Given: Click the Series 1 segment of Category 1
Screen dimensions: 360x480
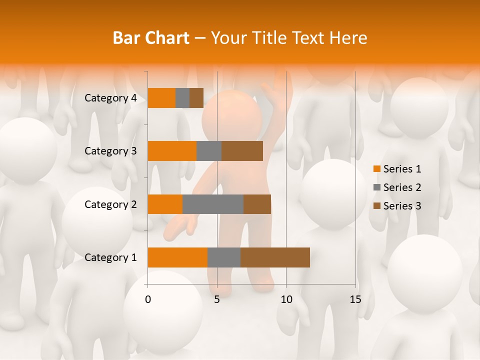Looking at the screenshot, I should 177,257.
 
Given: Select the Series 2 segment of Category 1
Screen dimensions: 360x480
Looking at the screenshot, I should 224,257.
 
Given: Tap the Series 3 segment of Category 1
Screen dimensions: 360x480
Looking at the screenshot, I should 275,257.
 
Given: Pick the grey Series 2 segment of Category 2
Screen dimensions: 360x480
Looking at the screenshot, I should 213,204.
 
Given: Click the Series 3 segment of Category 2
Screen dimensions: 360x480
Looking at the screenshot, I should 257,204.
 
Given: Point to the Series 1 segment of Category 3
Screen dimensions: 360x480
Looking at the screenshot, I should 172,151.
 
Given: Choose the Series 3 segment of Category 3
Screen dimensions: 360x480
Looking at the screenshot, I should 242,151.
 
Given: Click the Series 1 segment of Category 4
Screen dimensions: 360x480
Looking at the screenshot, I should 161,98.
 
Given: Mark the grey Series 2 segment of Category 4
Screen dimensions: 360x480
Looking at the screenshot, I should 182,98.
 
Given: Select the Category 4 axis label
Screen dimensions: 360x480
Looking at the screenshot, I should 110,98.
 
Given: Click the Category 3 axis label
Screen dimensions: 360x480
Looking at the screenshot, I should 110,151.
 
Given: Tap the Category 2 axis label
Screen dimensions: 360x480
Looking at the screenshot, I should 110,204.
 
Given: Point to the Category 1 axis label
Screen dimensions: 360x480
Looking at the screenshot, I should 110,257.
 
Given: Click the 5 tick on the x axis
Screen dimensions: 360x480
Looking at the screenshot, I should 217,299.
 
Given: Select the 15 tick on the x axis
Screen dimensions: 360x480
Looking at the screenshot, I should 355,299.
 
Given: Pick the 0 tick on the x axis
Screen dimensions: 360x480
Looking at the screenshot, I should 147,299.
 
